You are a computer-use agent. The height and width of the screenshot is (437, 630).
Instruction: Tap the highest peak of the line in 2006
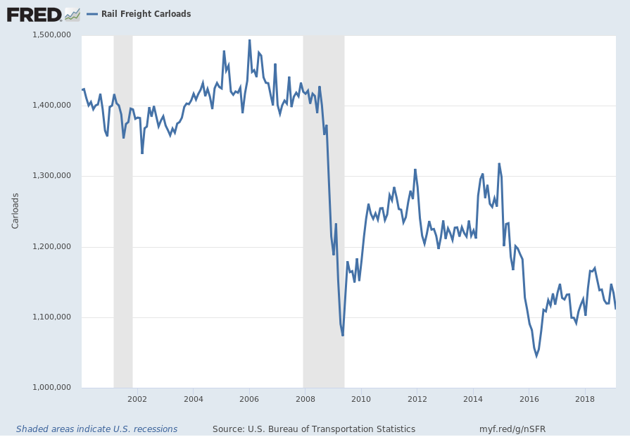pos(249,40)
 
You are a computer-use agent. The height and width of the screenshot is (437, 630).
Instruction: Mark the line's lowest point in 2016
pos(536,356)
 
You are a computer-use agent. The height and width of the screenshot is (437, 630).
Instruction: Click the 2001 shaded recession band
pos(123,211)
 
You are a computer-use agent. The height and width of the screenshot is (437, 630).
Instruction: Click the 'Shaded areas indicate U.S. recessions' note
pos(96,429)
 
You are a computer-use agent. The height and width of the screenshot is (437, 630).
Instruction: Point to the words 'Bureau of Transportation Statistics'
pos(344,429)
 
